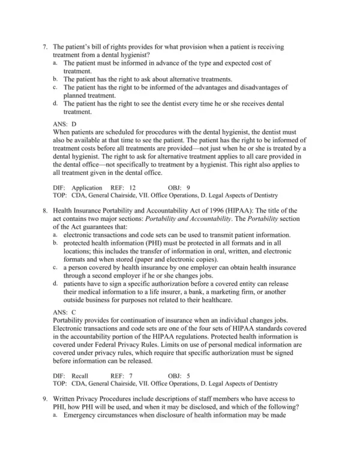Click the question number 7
(46, 47)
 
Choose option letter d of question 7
(55, 103)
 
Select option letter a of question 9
(55, 417)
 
